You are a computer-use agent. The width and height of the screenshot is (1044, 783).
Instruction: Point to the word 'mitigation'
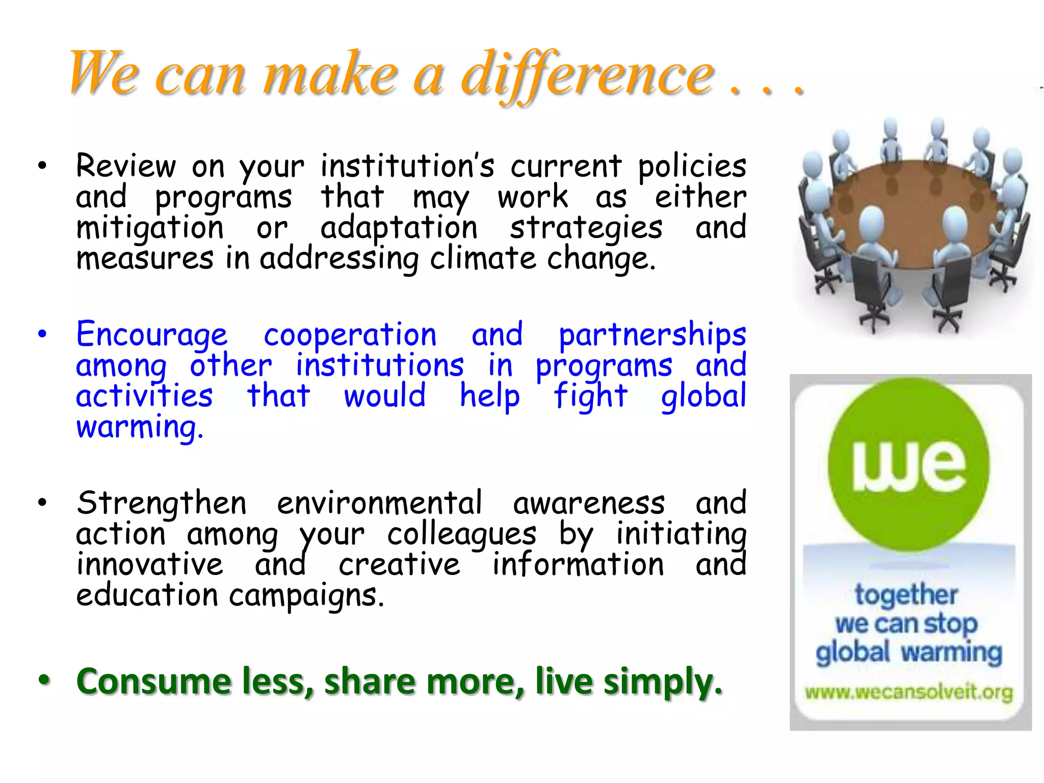150,228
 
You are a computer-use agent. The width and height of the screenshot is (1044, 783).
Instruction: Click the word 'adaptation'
399,228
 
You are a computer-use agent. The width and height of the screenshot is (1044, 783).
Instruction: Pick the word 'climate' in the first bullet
483,258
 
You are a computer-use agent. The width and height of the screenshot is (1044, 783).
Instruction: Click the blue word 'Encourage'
152,335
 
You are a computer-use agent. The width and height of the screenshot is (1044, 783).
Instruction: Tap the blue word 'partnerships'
652,335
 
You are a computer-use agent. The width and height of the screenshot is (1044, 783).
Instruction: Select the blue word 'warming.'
140,427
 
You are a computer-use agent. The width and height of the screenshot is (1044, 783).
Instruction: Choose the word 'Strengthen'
162,504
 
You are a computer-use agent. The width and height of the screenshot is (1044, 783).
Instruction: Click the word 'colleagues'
461,534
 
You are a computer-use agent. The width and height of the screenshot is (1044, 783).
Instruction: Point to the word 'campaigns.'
306,595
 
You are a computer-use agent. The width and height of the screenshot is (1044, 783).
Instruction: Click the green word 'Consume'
153,682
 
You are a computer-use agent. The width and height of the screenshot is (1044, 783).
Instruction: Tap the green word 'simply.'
663,682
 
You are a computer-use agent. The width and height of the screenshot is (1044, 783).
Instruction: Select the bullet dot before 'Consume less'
44,680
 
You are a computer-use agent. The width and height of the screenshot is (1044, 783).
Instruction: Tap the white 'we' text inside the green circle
908,465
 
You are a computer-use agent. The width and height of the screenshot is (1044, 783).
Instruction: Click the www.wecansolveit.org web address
909,693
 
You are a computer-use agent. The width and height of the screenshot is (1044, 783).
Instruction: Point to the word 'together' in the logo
906,595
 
